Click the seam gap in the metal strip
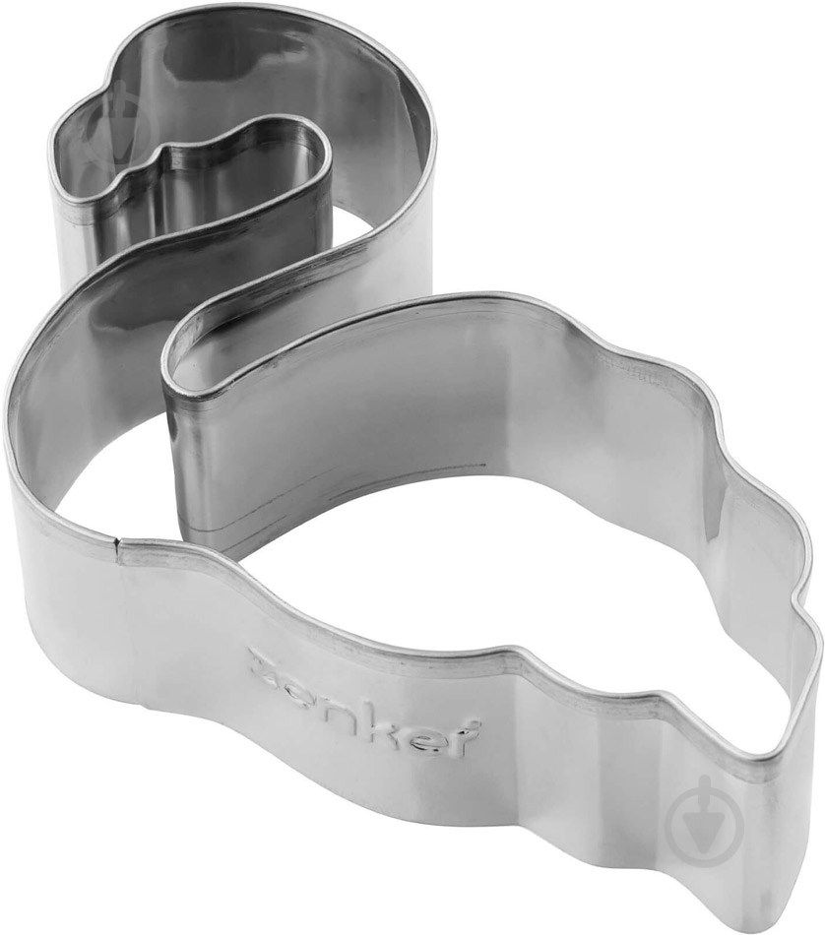point(117,541)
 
